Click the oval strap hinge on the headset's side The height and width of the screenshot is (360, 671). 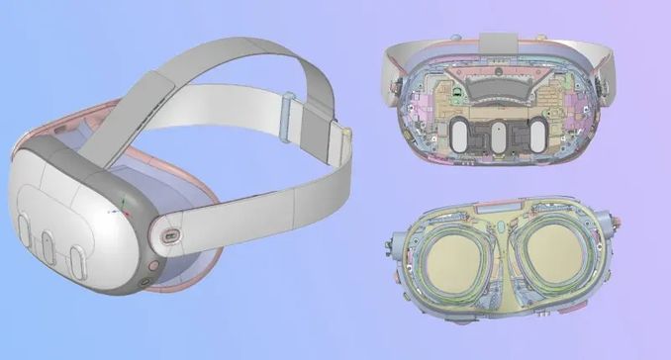pyautogui.click(x=171, y=236)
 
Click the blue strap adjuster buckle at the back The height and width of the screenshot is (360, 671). pyautogui.click(x=288, y=106)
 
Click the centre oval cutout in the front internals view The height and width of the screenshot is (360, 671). pyautogui.click(x=498, y=135)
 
